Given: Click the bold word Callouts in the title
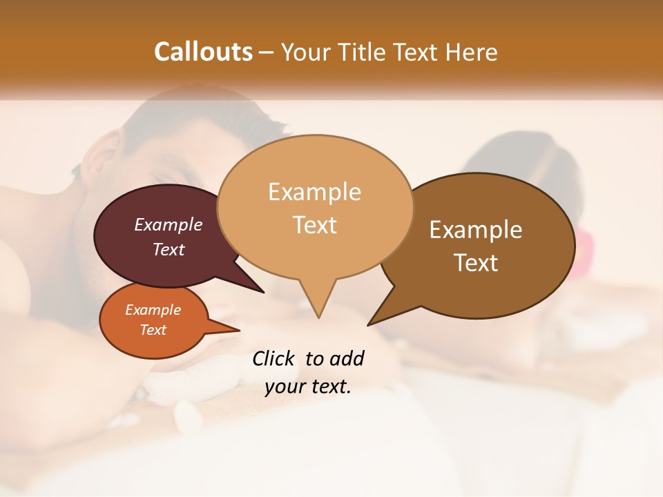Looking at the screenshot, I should point(203,52).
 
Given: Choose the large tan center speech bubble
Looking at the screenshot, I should point(315,207).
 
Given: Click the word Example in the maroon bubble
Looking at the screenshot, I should point(168,225).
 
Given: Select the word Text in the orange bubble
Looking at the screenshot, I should point(153,330).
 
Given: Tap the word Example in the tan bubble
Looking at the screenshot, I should point(314,192).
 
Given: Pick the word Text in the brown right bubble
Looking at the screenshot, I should point(476,263).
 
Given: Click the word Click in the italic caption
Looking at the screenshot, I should point(274,358).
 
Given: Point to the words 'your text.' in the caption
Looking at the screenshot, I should point(308,387).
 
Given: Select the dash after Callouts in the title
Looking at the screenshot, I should point(267,52).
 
